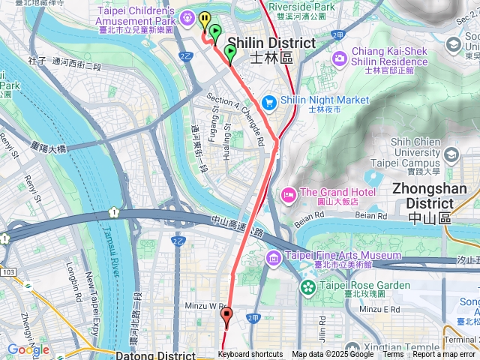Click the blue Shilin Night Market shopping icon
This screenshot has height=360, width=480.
click(270, 101)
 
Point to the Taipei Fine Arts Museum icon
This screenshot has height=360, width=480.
click(273, 259)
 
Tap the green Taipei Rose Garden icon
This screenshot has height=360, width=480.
click(307, 286)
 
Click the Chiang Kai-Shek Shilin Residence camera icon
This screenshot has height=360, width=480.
click(340, 58)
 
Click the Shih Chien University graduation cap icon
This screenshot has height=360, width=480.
click(451, 154)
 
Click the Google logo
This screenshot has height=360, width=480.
click(28, 349)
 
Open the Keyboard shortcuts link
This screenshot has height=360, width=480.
click(250, 355)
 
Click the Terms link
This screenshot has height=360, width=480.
click(393, 355)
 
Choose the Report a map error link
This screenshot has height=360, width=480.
click(444, 355)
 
